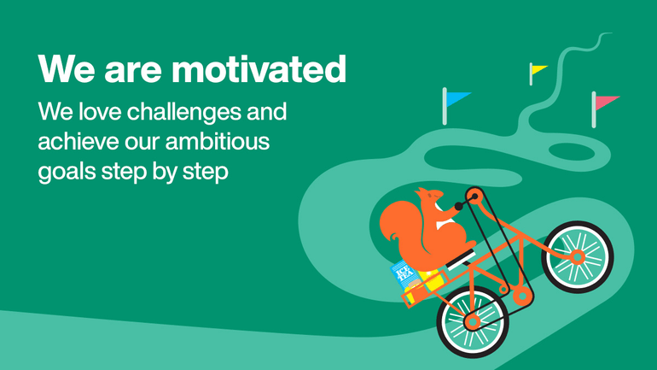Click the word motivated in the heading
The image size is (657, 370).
point(259,69)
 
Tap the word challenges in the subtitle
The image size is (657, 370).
point(183,112)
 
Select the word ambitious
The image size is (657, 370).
point(218,141)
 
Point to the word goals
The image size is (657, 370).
point(67,172)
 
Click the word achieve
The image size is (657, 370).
point(78,141)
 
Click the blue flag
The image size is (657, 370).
point(457,99)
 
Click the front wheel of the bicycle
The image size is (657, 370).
point(578,256)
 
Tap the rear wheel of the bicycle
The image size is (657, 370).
point(473,322)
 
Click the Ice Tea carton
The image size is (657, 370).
point(403,275)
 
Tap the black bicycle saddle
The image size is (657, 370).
point(461,259)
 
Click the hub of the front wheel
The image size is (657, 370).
point(577,256)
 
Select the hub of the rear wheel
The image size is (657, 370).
point(473,322)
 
